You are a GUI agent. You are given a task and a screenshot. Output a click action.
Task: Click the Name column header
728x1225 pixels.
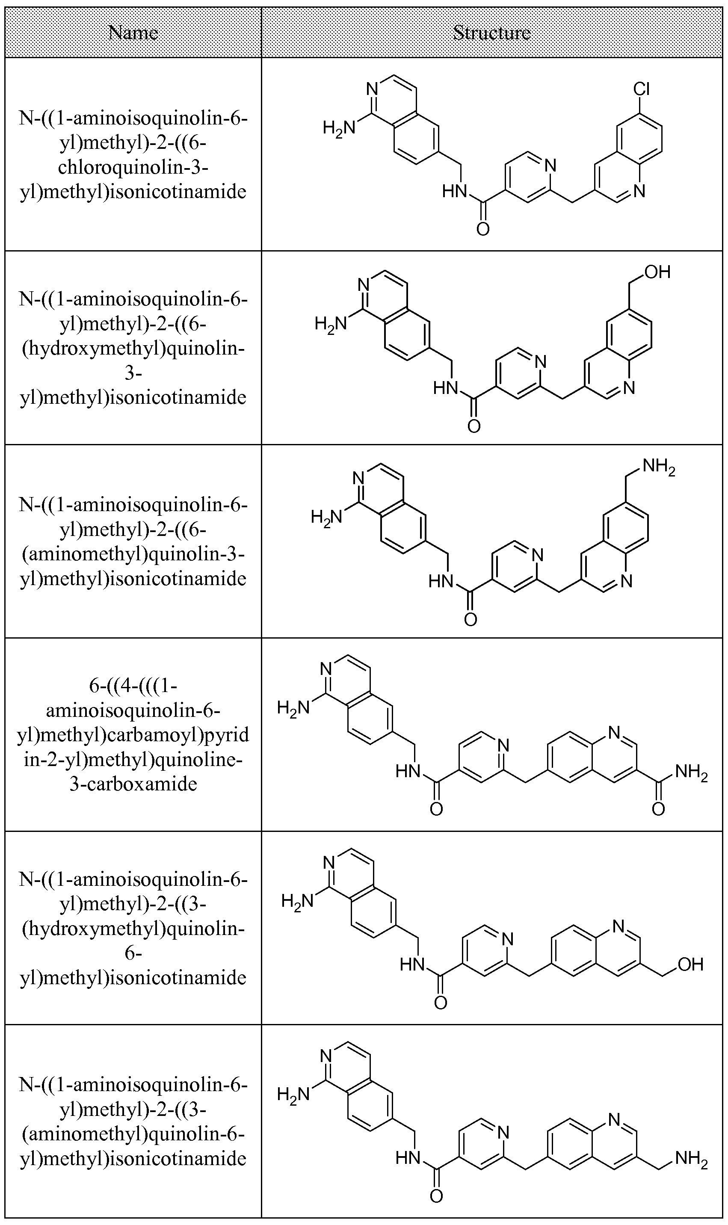pos(133,33)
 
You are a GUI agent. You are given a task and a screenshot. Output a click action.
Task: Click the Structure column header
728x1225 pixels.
pos(491,33)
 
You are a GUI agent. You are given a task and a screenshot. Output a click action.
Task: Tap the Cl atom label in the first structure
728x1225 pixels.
pos(641,89)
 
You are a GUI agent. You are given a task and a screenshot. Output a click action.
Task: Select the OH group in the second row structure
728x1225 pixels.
pos(657,272)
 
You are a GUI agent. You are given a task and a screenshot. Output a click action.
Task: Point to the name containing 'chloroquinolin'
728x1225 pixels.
pos(133,167)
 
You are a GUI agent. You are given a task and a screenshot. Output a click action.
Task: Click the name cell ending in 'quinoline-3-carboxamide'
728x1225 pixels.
pos(133,734)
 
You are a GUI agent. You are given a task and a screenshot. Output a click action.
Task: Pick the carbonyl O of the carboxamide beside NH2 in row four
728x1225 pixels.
pos(658,809)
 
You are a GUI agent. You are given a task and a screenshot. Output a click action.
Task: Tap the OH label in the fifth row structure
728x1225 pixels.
pos(690,964)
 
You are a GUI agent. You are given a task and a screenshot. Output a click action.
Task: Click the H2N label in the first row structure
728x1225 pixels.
pos(338,128)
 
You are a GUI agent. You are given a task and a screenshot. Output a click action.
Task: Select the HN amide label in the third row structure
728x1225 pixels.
pos(441,582)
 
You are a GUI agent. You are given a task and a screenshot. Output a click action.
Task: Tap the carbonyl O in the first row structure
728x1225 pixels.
pos(483,229)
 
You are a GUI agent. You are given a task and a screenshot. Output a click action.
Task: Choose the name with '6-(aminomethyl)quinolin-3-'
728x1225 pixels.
pos(133,541)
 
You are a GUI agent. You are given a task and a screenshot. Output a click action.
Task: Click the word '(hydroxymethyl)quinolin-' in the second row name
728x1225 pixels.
pos(133,349)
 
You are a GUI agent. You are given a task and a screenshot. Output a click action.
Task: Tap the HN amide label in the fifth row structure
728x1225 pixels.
pos(412,965)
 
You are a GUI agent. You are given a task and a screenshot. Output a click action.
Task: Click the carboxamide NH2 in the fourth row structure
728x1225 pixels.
pos(691,772)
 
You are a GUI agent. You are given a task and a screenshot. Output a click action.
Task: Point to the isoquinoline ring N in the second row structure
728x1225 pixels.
pos(364,284)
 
